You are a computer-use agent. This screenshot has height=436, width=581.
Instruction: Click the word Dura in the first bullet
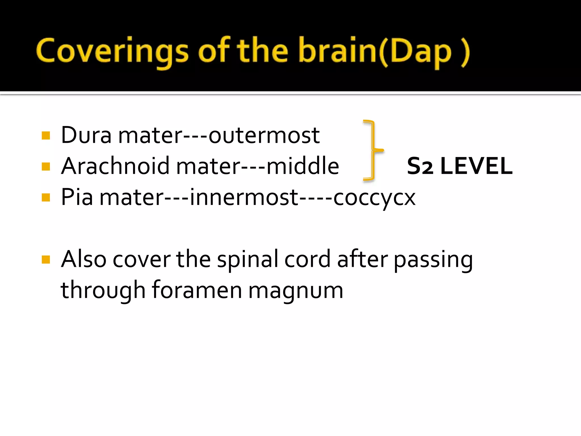86,135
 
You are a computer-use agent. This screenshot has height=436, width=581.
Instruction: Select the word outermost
264,136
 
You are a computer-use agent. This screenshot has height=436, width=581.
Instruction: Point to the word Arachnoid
115,166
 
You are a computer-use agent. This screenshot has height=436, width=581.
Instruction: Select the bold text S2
420,166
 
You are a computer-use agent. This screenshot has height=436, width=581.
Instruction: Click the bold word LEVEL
476,166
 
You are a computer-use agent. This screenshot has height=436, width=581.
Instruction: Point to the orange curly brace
372,150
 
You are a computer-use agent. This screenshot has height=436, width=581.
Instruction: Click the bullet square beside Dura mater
46,135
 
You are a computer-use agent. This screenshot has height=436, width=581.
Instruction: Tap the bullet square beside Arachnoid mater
46,166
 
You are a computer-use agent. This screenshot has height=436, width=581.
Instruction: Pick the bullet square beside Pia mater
46,197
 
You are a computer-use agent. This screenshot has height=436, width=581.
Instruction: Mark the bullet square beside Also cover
46,259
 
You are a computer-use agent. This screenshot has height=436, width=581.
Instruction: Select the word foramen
197,290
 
